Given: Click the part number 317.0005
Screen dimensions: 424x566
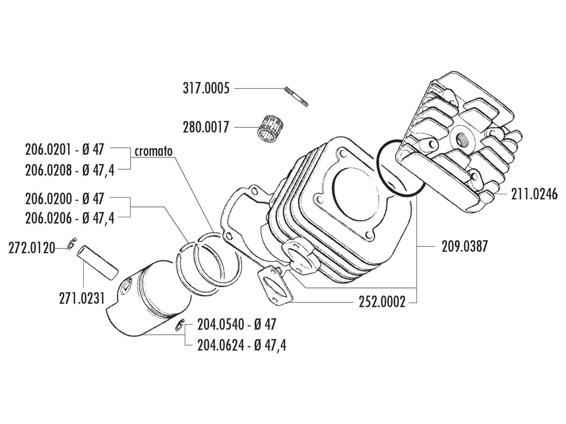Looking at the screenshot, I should pyautogui.click(x=206, y=88).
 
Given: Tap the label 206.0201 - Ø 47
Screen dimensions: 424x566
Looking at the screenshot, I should pyautogui.click(x=65, y=149).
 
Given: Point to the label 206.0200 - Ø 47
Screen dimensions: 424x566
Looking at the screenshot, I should pyautogui.click(x=65, y=199).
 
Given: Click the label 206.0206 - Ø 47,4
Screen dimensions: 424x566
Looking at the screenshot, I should pyautogui.click(x=70, y=218).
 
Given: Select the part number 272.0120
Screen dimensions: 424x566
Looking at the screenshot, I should pyautogui.click(x=32, y=248).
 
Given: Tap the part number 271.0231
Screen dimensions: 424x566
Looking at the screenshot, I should pyautogui.click(x=82, y=298).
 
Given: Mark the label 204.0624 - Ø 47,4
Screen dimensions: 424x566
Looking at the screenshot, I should pyautogui.click(x=241, y=345).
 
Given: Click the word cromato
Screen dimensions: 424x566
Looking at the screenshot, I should pyautogui.click(x=154, y=151).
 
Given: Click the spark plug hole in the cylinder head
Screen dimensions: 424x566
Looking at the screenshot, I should pyautogui.click(x=462, y=139).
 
